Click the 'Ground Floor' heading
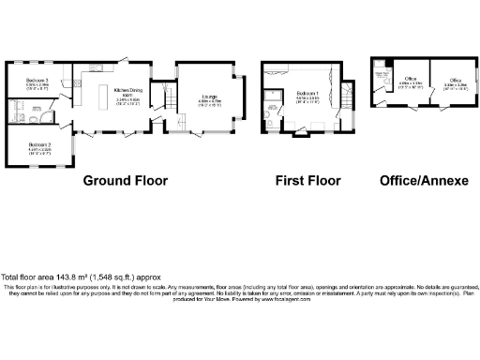(126, 180)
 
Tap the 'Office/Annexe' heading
(423, 180)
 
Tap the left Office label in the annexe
(410, 82)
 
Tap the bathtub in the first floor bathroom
(274, 95)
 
